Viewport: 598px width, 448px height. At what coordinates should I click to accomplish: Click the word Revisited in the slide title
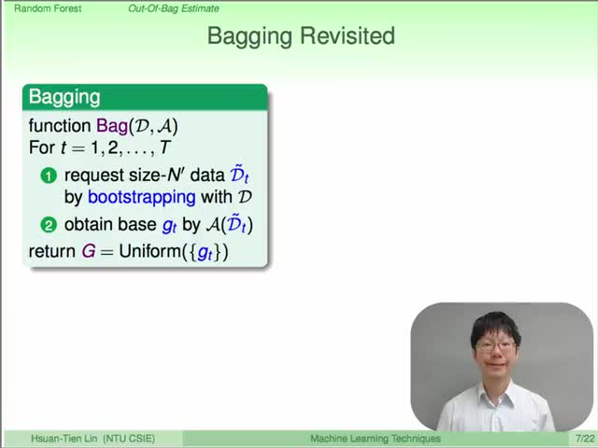click(348, 35)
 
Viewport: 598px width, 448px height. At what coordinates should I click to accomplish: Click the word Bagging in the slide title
click(250, 37)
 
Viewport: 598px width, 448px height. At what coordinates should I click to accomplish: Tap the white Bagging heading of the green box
click(64, 97)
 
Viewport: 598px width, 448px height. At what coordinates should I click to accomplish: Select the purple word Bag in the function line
click(112, 126)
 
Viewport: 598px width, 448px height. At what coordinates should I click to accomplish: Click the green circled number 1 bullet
click(49, 176)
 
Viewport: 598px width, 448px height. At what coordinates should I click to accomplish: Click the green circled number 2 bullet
click(49, 225)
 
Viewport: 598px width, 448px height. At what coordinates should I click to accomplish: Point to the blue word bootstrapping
click(141, 197)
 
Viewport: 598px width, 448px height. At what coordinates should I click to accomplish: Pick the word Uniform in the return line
click(149, 251)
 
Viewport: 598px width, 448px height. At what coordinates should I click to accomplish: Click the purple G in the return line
click(89, 251)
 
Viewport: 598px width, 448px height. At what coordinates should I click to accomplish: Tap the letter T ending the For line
click(164, 147)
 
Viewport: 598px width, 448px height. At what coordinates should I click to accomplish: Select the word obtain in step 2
click(84, 224)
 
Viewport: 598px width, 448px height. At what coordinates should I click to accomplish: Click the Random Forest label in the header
click(48, 8)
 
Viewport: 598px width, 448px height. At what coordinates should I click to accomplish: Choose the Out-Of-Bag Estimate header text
click(174, 8)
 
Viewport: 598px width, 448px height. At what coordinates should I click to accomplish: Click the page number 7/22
click(585, 439)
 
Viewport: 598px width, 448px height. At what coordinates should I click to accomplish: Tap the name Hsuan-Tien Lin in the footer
click(64, 439)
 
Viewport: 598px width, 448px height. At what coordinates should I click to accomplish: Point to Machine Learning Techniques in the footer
click(376, 439)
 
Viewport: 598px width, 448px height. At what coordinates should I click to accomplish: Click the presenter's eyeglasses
click(495, 346)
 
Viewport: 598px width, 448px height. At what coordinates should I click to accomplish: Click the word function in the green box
click(60, 126)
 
